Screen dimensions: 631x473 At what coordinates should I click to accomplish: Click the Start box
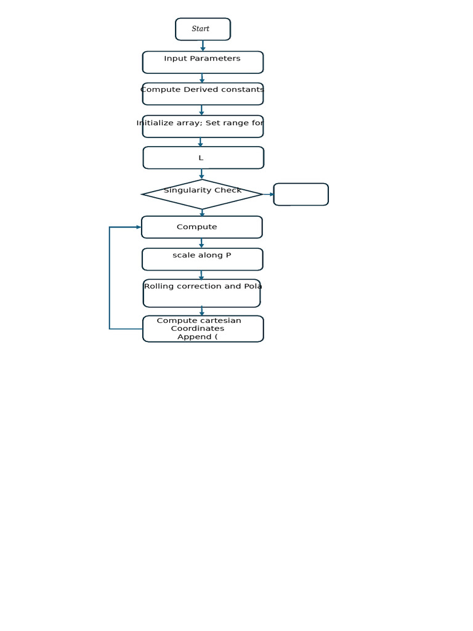(203, 29)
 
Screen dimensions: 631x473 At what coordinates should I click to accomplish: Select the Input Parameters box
(203, 62)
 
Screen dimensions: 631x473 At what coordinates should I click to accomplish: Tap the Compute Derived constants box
(203, 94)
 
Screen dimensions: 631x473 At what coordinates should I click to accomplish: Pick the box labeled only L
(203, 158)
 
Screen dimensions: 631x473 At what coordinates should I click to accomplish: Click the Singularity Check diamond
(202, 195)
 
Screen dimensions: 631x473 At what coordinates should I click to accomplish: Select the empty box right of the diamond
(301, 194)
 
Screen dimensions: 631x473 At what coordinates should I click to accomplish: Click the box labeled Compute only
(201, 227)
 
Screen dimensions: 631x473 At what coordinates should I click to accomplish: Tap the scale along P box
(202, 259)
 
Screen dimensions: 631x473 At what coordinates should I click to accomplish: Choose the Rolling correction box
(201, 293)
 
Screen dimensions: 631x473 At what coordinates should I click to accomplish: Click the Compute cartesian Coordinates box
(203, 328)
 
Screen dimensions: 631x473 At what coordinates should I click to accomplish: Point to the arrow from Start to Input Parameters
(203, 46)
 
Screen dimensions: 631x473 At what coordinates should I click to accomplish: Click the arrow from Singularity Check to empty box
(268, 194)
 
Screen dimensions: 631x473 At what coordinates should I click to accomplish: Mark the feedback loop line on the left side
(110, 277)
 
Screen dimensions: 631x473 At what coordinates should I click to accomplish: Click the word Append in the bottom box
(195, 337)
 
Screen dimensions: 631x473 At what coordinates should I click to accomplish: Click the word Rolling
(160, 287)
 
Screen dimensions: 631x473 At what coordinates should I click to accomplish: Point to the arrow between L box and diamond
(202, 174)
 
